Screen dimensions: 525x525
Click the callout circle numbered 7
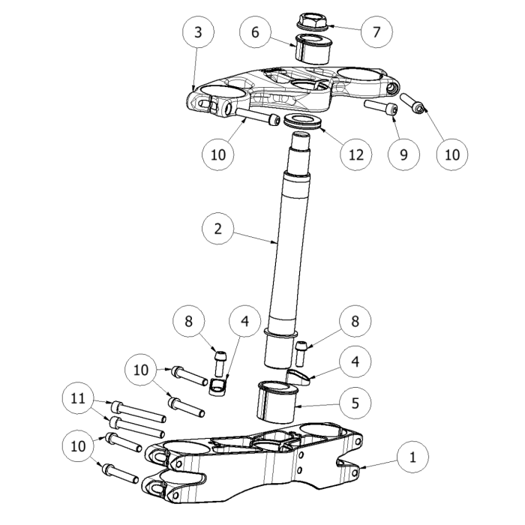[376, 31]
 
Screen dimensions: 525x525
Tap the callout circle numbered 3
[197, 32]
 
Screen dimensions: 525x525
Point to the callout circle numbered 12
[355, 154]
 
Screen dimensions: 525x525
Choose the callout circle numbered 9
[404, 154]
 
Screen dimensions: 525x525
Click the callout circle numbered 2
[217, 229]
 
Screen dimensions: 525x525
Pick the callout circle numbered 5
[355, 403]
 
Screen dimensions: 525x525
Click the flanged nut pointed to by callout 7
[309, 22]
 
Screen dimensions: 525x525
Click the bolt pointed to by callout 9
[379, 107]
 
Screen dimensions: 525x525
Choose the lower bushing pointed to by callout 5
[278, 403]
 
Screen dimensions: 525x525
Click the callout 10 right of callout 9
[453, 154]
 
